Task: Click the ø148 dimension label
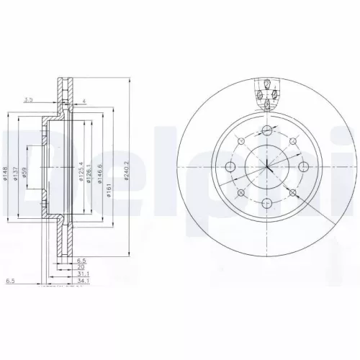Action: [6, 173]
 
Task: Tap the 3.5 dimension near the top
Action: [28, 99]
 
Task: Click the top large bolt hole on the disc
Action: [267, 130]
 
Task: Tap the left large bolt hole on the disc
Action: [231, 166]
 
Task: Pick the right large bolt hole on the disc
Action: [303, 166]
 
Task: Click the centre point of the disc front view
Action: [267, 166]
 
